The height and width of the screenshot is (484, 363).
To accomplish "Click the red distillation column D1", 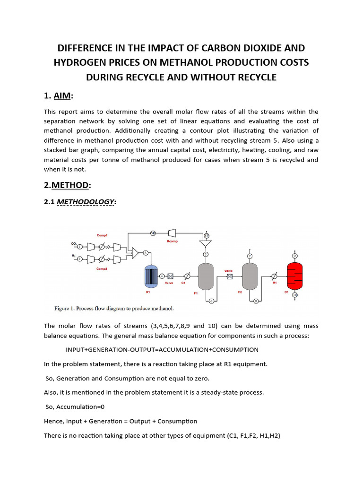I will (x=295, y=276).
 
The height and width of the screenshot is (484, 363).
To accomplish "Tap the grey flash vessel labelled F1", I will (x=206, y=276).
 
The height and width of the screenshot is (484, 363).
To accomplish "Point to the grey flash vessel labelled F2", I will (x=249, y=276).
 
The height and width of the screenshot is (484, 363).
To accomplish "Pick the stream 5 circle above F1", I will (x=206, y=255).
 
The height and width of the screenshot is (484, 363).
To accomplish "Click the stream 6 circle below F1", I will (x=211, y=301).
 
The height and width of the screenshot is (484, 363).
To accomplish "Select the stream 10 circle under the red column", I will (x=295, y=295).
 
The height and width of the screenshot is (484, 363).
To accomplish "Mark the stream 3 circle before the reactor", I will (x=146, y=253).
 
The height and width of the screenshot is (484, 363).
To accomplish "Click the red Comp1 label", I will (x=103, y=235).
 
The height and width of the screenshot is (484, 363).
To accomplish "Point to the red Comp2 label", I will (x=102, y=268).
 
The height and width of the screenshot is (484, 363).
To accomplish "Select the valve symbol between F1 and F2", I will (x=230, y=277).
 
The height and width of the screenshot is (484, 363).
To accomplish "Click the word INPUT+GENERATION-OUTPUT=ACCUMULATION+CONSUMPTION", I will (x=162, y=350).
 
